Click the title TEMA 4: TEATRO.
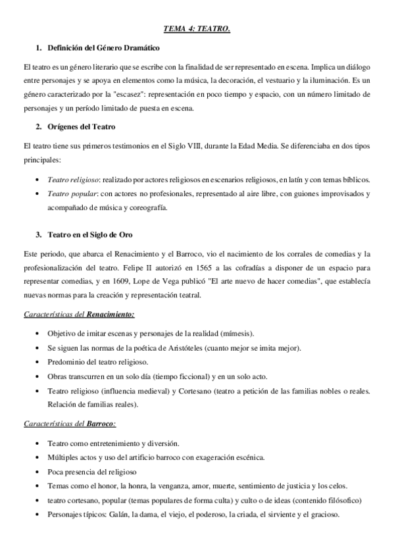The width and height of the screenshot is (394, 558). click(x=197, y=30)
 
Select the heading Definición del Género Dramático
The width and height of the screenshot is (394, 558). click(x=103, y=49)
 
